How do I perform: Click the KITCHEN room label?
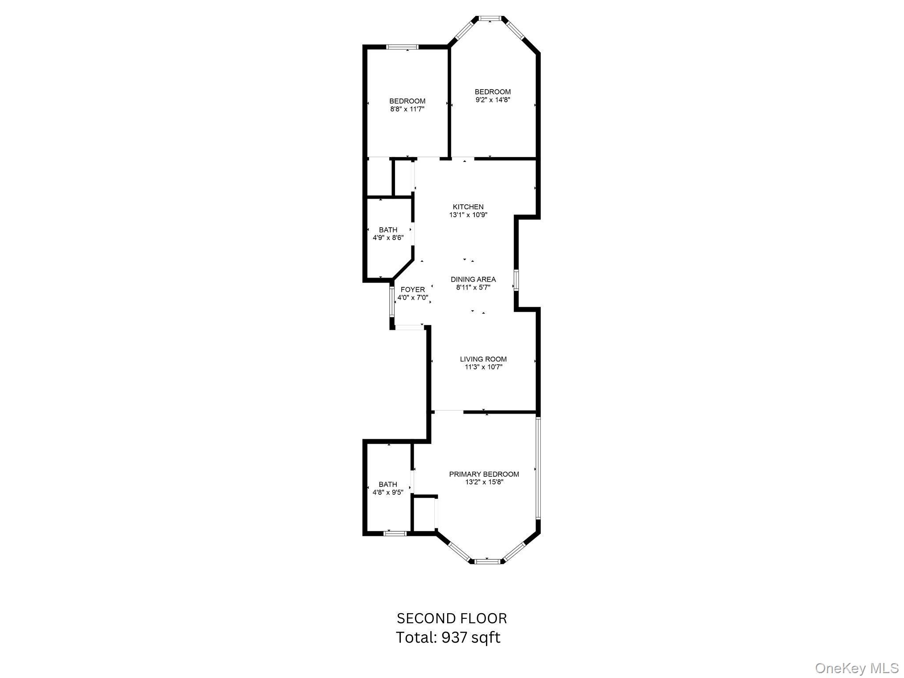tap(468, 207)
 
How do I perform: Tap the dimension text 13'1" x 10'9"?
tap(468, 215)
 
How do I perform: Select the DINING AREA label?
tap(473, 279)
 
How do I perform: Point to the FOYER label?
tap(413, 290)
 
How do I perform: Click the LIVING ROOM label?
tap(483, 359)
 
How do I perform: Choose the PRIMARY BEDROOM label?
tap(484, 474)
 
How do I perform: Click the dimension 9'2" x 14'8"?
tap(493, 100)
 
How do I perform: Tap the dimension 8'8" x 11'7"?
tap(407, 109)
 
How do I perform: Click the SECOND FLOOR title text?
tap(452, 618)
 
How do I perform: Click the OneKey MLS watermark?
tap(857, 668)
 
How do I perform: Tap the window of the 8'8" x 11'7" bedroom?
tap(402, 47)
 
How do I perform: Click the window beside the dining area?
tap(516, 280)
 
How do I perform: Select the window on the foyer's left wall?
tap(392, 301)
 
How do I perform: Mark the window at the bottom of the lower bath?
tap(395, 533)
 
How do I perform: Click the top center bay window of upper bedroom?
tap(490, 19)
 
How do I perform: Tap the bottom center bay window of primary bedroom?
tap(488, 561)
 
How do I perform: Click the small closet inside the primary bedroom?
tap(424, 514)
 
